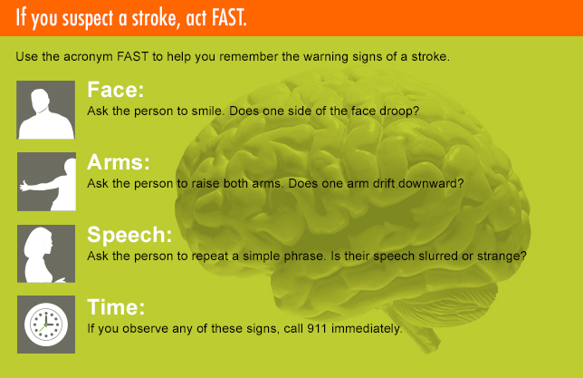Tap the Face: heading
click(x=115, y=90)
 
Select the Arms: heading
click(x=119, y=162)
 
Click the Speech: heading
click(x=129, y=236)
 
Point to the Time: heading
click(x=116, y=307)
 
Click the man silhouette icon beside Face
click(x=46, y=110)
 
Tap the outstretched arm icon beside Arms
click(x=46, y=181)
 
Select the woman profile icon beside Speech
click(x=46, y=254)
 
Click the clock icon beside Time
click(x=46, y=325)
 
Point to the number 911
click(x=317, y=328)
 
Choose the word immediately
click(x=367, y=328)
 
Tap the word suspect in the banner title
click(x=88, y=19)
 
